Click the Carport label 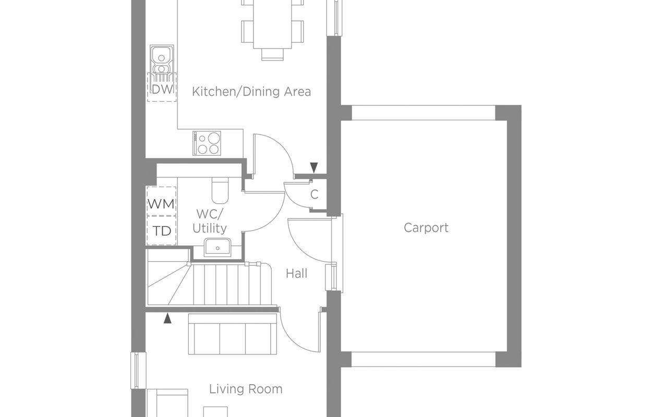(x=426, y=228)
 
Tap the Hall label (x=296, y=274)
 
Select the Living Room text (x=246, y=389)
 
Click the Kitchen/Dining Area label (x=251, y=92)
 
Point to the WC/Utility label (x=210, y=222)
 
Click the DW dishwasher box (x=162, y=87)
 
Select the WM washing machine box (x=161, y=201)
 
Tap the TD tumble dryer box (x=161, y=230)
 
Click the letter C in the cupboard (x=314, y=194)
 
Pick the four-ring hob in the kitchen (x=207, y=143)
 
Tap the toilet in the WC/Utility (x=220, y=190)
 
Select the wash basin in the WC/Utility (x=218, y=248)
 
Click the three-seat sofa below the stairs (x=232, y=334)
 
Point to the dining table (x=272, y=24)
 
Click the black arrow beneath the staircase (x=167, y=318)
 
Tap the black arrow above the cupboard (x=314, y=168)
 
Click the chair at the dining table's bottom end (x=272, y=54)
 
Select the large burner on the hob (x=214, y=138)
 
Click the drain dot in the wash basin (x=218, y=248)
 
